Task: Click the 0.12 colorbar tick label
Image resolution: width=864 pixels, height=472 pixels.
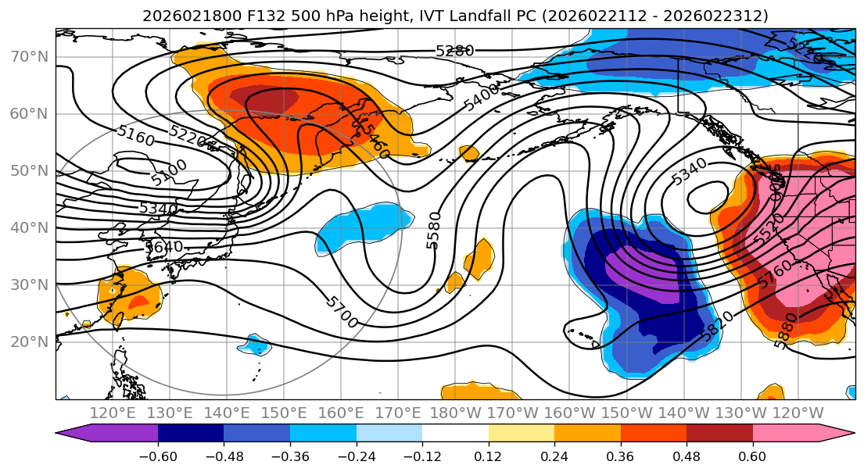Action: click(489, 455)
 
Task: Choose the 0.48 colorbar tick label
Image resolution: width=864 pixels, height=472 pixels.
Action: click(687, 455)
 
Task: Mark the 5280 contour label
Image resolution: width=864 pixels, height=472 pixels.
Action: click(455, 52)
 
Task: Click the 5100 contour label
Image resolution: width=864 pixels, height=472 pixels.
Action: click(170, 173)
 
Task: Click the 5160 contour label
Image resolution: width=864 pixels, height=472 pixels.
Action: click(135, 135)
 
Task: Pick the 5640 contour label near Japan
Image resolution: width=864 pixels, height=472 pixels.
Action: click(163, 247)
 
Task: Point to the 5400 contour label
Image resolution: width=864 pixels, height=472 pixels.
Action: click(481, 99)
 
